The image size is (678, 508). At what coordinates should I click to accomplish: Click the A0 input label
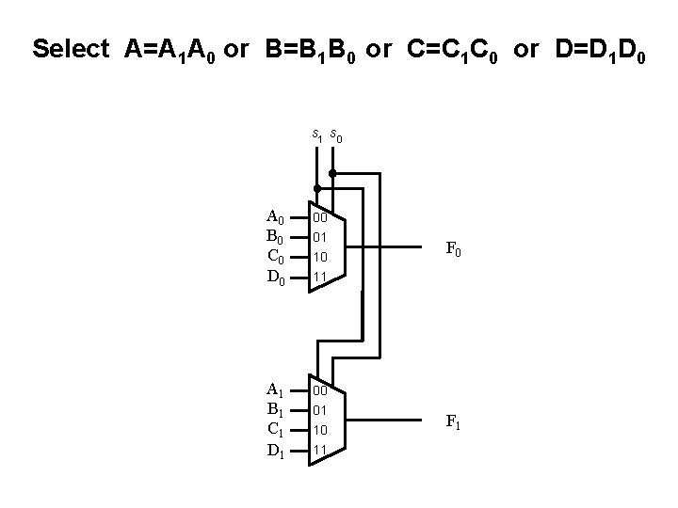277,216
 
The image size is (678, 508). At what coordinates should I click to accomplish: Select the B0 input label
277,236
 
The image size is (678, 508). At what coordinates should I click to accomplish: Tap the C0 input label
277,256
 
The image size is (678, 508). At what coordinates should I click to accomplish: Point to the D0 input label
277,277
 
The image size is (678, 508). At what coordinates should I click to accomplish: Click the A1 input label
276,389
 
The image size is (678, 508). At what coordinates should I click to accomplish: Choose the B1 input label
276,409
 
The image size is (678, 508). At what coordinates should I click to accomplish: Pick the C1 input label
276,429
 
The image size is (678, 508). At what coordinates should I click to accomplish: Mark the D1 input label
276,450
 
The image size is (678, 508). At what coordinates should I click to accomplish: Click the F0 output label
454,251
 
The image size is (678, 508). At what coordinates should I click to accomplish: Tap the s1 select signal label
317,137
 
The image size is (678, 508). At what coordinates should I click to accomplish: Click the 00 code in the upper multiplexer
320,217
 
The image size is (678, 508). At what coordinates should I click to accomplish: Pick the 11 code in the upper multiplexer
320,277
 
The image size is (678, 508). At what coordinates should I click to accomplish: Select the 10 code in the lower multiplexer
320,430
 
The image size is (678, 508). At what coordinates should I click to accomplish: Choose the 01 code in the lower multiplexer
320,410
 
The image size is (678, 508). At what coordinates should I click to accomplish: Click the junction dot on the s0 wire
332,174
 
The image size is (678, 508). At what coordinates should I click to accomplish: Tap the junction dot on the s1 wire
317,188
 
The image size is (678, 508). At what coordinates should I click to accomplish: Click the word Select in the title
71,49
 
